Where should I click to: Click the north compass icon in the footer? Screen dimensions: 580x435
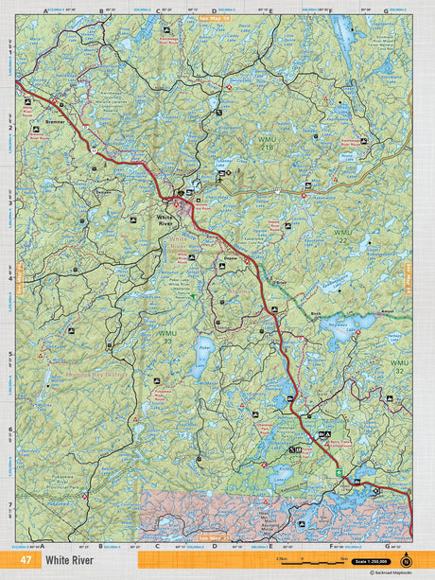pos(407,561)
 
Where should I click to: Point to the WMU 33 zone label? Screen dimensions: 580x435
pos(166,336)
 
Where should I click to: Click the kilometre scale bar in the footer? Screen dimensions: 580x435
pos(303,561)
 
